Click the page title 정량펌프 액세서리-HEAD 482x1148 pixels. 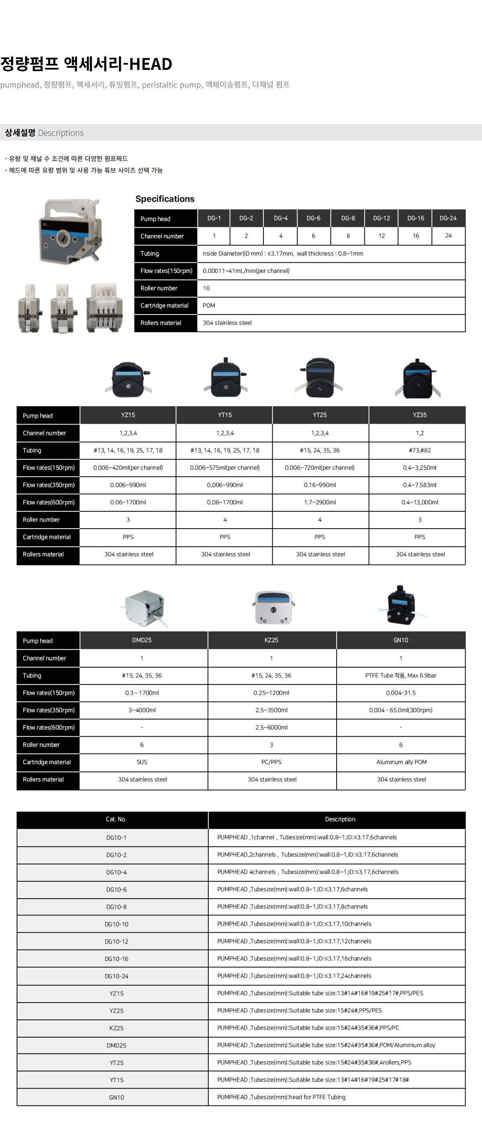pos(86,64)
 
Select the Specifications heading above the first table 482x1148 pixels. pos(165,199)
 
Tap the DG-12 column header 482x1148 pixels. pos(381,219)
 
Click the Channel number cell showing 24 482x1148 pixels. pos(448,236)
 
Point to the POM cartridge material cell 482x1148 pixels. pos(209,306)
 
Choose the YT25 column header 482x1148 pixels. pos(319,415)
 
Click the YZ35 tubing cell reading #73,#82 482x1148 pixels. pos(420,451)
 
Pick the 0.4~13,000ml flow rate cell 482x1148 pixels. pos(420,502)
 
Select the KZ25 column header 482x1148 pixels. pos(271,640)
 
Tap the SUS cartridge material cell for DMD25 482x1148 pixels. pos(142,762)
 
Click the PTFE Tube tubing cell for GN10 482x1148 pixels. pos(400,676)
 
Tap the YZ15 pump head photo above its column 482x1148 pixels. pos(128,379)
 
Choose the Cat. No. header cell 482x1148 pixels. pos(116,819)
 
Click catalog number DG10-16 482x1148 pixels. pos(116,958)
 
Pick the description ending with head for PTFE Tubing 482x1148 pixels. pos(281,1097)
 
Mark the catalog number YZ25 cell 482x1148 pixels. pos(116,1011)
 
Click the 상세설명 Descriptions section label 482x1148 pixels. pos(44,133)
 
